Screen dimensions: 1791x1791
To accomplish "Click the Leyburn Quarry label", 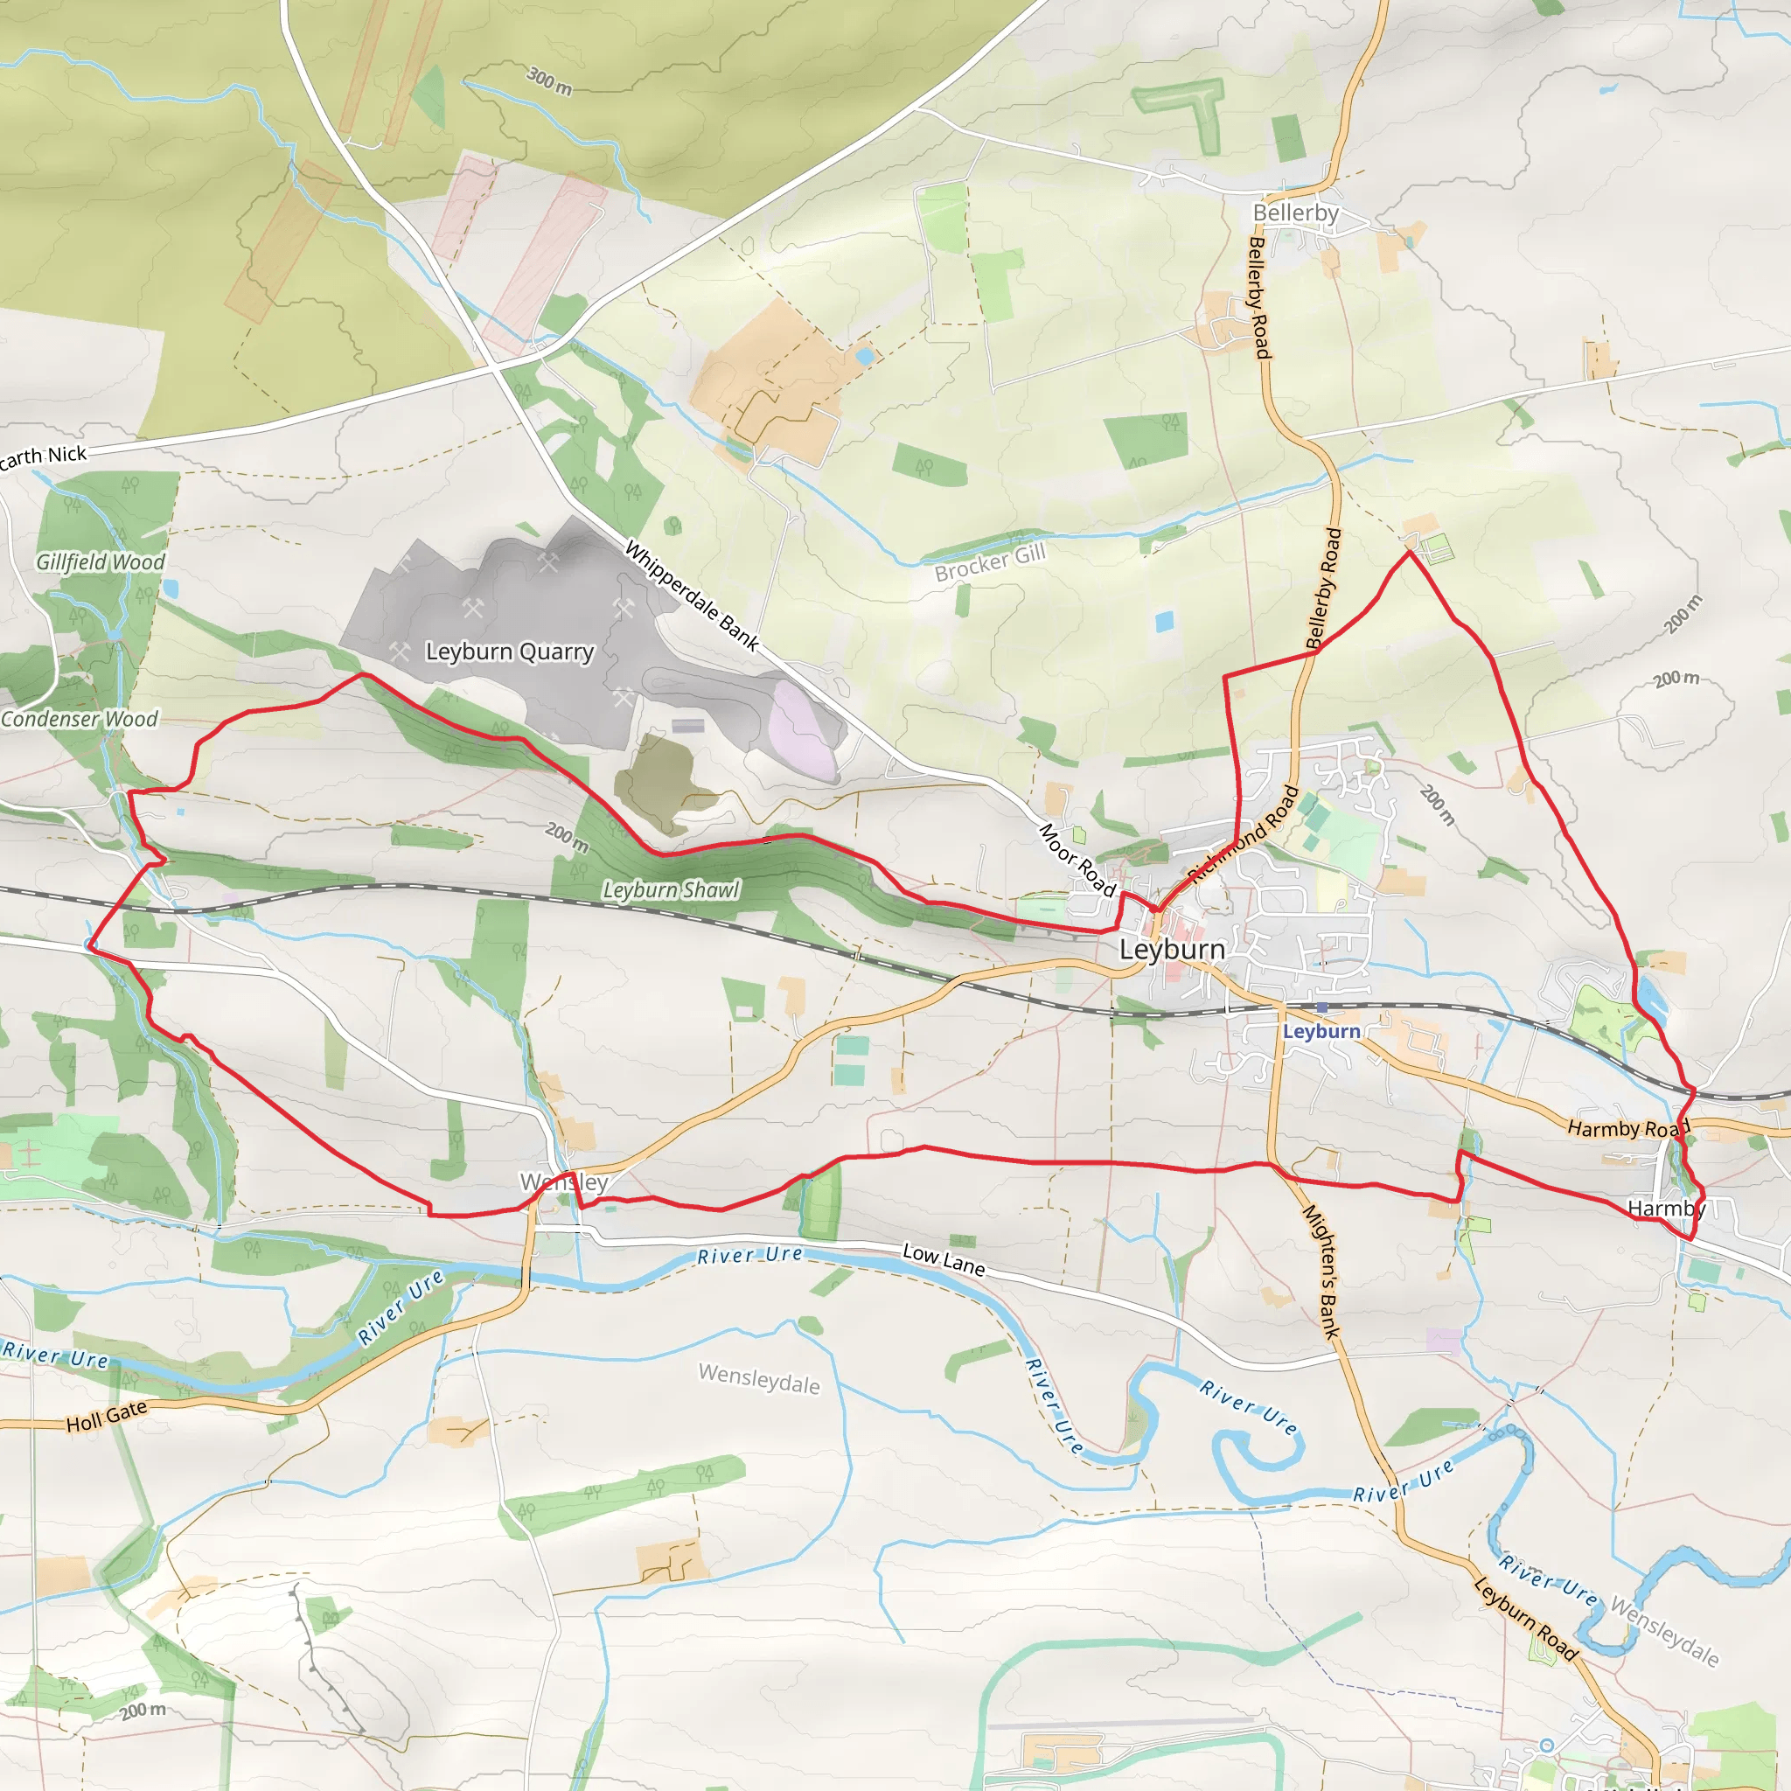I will pos(509,652).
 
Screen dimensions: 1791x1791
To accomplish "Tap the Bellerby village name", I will pos(1295,213).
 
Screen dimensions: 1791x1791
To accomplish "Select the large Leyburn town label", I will pos(1172,949).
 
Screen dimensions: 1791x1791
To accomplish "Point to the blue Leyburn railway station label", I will pos(1321,1032).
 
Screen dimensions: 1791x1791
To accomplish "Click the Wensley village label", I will pos(564,1183).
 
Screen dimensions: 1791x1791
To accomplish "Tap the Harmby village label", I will pos(1666,1209).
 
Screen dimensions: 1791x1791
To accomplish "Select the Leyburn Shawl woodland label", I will pos(671,890).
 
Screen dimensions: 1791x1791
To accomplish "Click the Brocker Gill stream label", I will pos(989,562).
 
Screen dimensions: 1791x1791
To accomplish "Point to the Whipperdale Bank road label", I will pos(692,596).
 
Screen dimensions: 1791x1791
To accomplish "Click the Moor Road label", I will pos(1077,860).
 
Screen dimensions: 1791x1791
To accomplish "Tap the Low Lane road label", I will pos(944,1259).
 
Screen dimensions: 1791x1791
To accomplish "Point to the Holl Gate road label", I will pos(107,1416).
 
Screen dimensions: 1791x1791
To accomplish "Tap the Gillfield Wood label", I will pos(100,561).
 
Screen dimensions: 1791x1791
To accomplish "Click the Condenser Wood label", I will pos(80,719).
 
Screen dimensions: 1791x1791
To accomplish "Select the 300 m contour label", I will pos(550,80).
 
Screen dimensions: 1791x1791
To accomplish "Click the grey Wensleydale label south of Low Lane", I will pos(758,1378).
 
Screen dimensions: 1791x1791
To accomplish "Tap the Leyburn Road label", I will pos(1525,1618).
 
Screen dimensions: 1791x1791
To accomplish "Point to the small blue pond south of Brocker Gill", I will pos(1164,621).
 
